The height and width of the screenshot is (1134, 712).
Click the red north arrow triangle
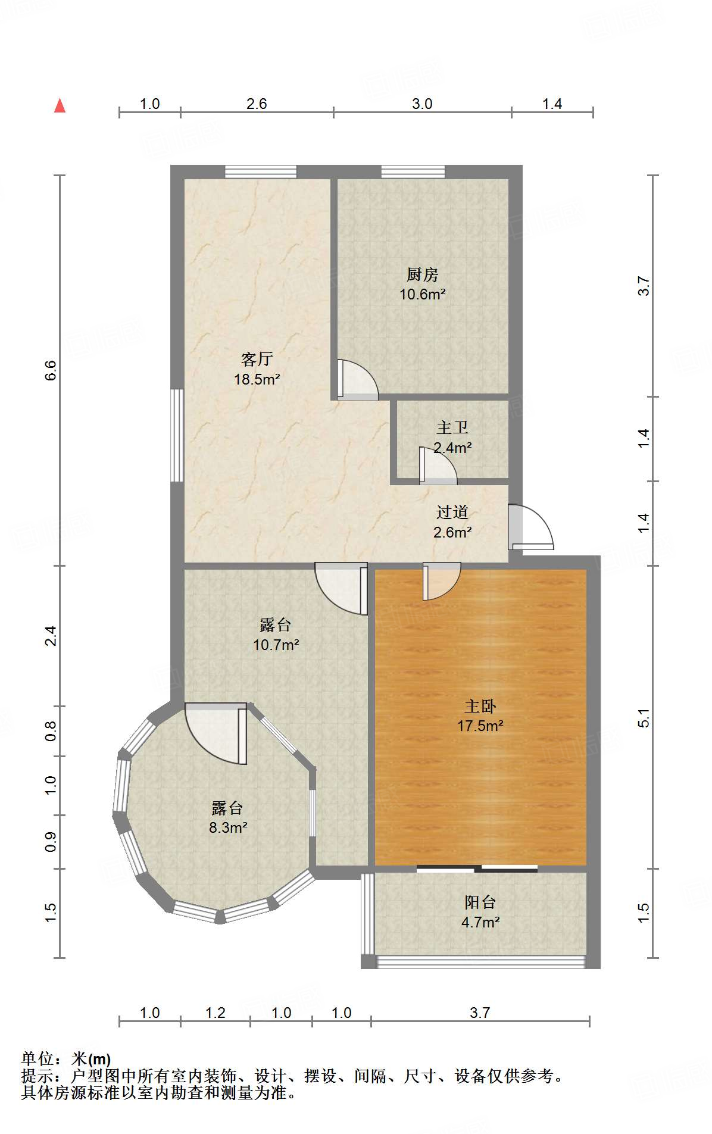tap(60, 106)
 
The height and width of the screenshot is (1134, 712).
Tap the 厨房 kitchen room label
tap(422, 274)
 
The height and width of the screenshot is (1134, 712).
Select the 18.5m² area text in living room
tap(257, 379)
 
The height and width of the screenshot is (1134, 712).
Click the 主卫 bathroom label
tap(452, 427)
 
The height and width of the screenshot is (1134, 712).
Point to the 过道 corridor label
tap(452, 512)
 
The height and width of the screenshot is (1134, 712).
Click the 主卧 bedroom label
tap(480, 706)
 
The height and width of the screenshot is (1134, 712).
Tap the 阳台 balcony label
tap(480, 902)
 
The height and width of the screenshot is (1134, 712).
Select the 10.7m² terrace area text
tap(276, 645)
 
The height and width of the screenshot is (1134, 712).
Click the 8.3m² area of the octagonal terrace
tap(228, 827)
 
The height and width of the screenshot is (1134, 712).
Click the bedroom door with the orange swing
tap(440, 580)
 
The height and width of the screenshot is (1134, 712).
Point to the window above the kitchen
tap(413, 171)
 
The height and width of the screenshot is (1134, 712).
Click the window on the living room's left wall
tap(177, 435)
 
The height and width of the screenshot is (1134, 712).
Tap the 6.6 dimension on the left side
tap(51, 370)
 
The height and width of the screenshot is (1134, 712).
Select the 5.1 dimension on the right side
tap(644, 718)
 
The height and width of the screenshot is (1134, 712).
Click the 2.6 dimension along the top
tap(257, 104)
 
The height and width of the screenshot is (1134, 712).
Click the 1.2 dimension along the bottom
tap(215, 1013)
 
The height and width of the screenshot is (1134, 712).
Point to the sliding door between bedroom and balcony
tap(476, 869)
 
